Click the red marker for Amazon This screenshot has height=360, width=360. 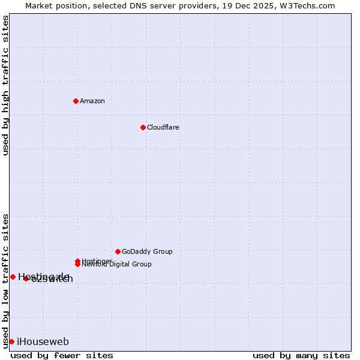pos(76,101)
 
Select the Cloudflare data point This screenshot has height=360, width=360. pos(143,127)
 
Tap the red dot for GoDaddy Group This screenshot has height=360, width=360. pos(118,251)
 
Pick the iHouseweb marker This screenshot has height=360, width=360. pos(11,341)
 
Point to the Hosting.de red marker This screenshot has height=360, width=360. pos(13,277)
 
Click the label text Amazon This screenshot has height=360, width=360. pos(92,101)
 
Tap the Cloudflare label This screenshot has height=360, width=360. pos(163,127)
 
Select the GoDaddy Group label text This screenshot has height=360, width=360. pos(147,251)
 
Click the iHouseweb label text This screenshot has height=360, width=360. pos(43,342)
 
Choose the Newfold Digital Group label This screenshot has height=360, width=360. pos(117,264)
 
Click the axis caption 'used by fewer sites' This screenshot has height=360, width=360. pos(62,355)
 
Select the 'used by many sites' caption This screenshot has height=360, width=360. pos(301,355)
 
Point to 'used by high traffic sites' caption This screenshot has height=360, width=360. pos(5,85)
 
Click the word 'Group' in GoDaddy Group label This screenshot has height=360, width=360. pos(163,251)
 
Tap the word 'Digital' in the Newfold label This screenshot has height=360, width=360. pos(118,264)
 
